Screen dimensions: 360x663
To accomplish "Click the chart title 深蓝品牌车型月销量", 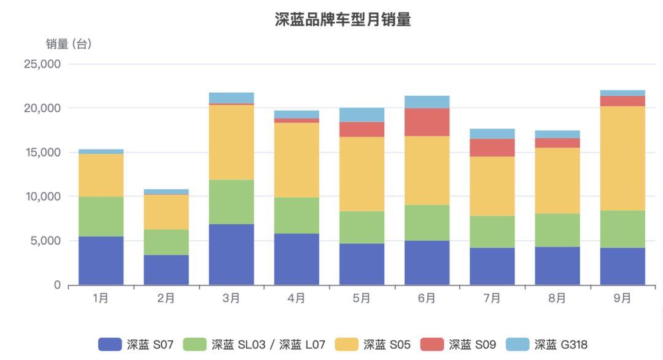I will coord(343,20).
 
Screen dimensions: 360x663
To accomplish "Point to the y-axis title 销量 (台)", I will coord(69,44).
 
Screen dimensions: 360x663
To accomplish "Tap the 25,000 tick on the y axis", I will coord(42,64).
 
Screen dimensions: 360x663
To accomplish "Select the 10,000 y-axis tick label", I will coord(42,197).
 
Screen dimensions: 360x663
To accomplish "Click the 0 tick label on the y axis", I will coord(57,285).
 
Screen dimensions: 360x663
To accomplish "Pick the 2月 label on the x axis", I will coord(166,299).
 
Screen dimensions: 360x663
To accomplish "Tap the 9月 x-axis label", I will coord(622,299).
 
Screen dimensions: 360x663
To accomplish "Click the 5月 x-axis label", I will coord(362,299).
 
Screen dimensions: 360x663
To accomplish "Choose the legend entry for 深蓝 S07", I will coord(136,345).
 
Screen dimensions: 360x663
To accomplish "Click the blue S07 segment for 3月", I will coord(231,254).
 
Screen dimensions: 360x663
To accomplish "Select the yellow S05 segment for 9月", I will coord(622,158).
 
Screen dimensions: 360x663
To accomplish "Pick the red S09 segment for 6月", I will coord(427,122).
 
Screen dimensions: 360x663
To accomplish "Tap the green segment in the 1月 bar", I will coord(101,216).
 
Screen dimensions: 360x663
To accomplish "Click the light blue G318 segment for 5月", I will coord(362,115).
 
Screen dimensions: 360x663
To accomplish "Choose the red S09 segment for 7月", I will coord(492,147).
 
